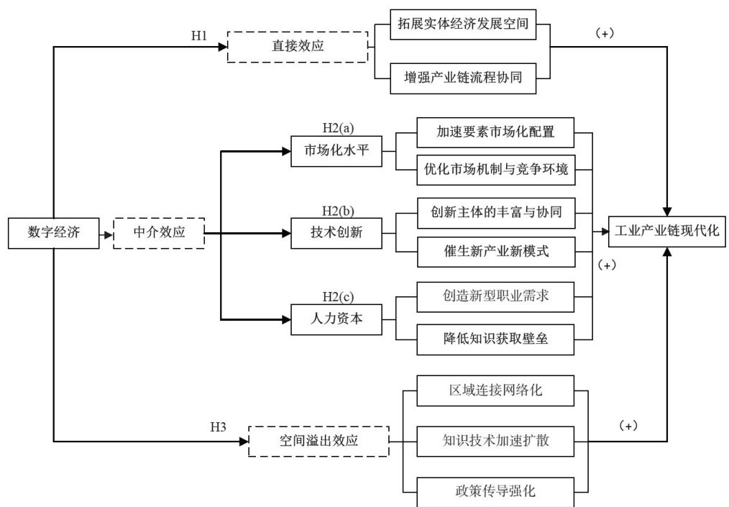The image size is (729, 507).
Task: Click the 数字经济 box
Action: point(54,232)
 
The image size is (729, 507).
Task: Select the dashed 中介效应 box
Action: point(159,232)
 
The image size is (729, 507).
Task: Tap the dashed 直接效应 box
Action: point(297,48)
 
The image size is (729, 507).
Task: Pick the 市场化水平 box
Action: point(336,152)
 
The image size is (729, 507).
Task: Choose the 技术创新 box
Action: point(336,232)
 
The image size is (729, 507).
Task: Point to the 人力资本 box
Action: point(336,319)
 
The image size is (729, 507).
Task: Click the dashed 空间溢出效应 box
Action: point(317,441)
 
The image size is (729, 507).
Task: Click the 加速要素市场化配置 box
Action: point(496,132)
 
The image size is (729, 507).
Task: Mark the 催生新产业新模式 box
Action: point(496,252)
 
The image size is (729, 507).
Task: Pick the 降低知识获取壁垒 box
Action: point(496,337)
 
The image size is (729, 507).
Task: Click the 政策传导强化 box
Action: point(496,493)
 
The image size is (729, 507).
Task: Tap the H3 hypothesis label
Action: point(218,428)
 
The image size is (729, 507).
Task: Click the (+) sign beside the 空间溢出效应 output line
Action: point(628,425)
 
